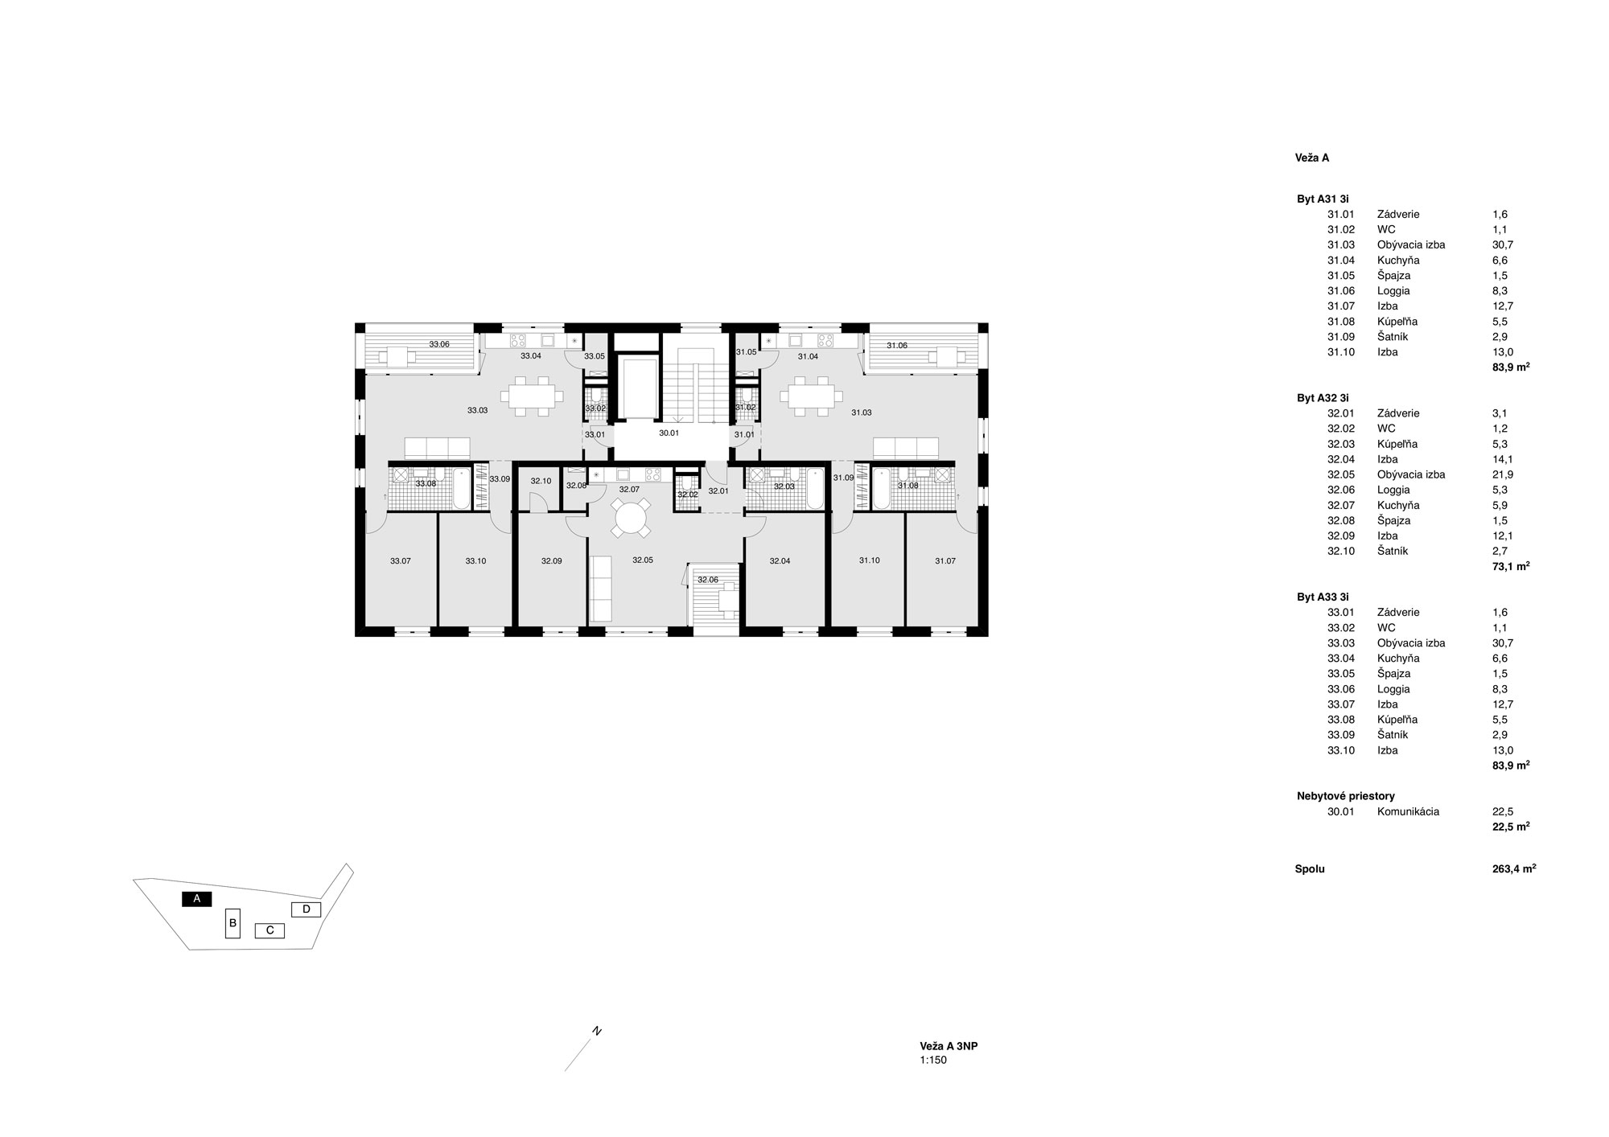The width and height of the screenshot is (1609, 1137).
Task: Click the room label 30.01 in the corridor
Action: point(669,433)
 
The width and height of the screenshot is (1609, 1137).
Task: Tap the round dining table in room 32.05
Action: point(631,517)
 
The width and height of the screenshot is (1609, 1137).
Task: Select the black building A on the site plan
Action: point(196,899)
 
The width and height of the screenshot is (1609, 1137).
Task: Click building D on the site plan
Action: point(306,909)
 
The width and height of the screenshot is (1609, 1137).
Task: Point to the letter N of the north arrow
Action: point(597,1031)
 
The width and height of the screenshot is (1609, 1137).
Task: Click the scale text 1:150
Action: point(933,1061)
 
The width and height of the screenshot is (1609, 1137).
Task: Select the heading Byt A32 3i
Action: point(1323,398)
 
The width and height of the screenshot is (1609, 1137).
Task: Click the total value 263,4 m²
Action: point(1513,869)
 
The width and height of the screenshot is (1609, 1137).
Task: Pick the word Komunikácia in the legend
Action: point(1408,811)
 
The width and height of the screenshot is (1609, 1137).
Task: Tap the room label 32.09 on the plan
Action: point(551,561)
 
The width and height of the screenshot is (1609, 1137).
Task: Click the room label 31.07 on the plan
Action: point(945,561)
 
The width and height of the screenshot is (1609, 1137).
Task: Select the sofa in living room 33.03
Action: point(437,448)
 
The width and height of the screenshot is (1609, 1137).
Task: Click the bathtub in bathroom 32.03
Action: point(815,488)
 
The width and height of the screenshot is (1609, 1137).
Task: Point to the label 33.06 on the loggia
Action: point(439,344)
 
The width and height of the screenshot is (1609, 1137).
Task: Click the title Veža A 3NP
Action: point(949,1046)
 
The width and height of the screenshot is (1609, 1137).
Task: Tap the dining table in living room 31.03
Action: point(815,396)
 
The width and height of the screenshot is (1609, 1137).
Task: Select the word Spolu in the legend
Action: point(1310,869)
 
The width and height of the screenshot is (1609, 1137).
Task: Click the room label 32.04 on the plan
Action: point(780,561)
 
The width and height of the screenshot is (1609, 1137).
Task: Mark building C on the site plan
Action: point(270,930)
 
